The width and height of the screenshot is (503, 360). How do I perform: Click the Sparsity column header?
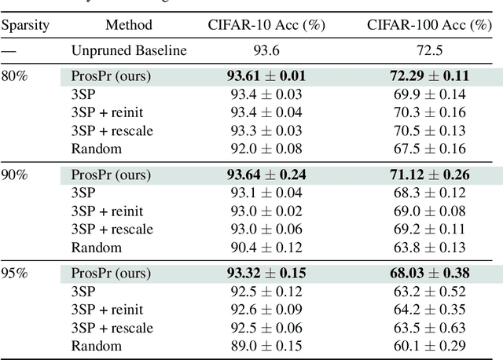tap(25, 25)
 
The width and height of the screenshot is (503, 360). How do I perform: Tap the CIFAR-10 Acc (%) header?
tap(266, 25)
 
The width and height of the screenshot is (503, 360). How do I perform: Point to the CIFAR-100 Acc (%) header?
tap(429, 25)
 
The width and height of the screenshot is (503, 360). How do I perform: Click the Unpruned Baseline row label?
tap(130, 51)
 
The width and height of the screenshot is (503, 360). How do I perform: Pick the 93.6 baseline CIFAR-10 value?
tap(266, 51)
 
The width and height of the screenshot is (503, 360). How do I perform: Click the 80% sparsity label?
tap(14, 77)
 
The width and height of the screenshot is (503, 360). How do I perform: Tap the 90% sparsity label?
tap(14, 174)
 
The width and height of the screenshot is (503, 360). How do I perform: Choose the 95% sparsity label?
tap(14, 273)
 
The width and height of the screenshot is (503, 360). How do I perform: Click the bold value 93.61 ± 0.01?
tap(266, 77)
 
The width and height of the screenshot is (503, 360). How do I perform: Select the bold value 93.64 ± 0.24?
tap(266, 174)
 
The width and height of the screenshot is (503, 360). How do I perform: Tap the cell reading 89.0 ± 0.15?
tap(266, 346)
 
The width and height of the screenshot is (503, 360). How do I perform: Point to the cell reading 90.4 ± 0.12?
tap(266, 248)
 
